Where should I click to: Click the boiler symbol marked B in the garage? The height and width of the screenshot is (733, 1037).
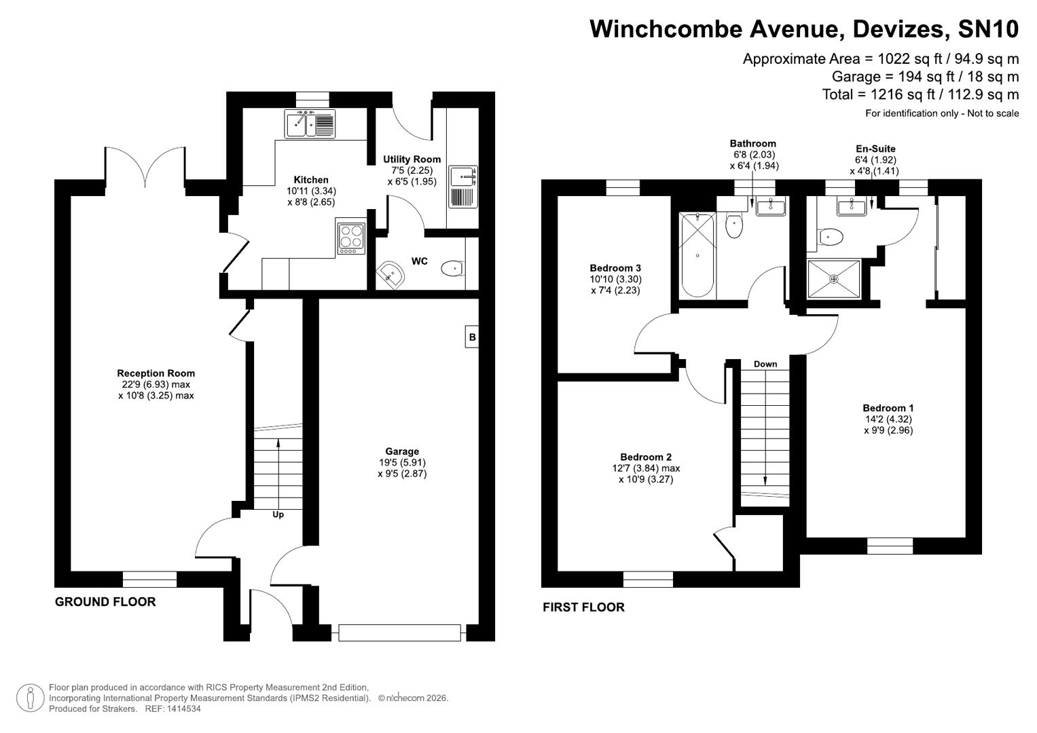click(x=472, y=337)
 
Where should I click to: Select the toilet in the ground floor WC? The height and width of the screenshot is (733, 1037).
click(x=452, y=269)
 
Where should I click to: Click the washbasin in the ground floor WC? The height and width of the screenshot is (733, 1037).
click(x=392, y=274)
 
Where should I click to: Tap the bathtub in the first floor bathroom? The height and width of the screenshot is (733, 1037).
click(x=697, y=255)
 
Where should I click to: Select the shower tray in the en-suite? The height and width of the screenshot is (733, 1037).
click(x=834, y=279)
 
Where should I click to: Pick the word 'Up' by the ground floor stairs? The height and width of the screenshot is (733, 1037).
click(x=278, y=514)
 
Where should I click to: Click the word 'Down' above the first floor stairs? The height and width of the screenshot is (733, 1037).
click(x=765, y=364)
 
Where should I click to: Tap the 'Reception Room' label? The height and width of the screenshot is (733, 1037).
click(x=156, y=373)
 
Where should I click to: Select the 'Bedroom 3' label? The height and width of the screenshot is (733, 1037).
click(x=615, y=268)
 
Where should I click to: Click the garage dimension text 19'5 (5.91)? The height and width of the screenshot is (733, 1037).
click(x=402, y=463)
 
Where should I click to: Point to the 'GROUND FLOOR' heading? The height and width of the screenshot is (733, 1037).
click(x=105, y=602)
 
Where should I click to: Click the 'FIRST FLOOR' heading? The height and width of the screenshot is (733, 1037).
click(x=583, y=607)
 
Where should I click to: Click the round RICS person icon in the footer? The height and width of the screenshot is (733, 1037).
click(x=30, y=698)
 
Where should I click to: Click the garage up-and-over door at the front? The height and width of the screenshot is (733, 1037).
click(x=400, y=633)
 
